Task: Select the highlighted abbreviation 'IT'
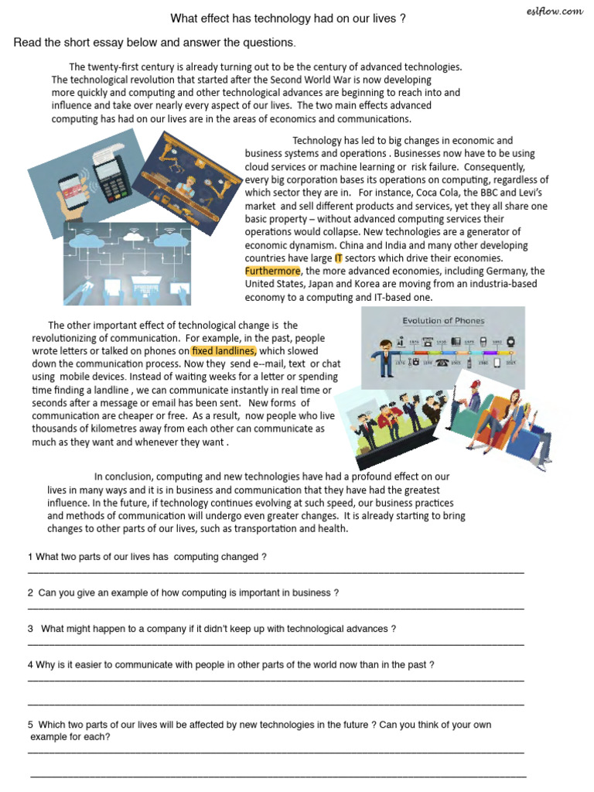tap(338, 258)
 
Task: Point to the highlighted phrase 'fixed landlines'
tap(224, 351)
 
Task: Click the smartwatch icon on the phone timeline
tap(510, 341)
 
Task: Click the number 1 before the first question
tap(30, 558)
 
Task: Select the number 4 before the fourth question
tap(30, 665)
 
